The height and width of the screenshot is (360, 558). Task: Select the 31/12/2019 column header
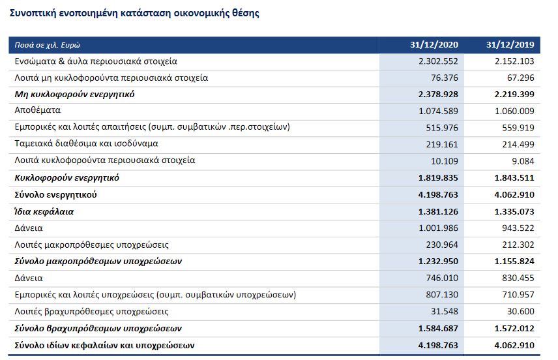tap(510, 45)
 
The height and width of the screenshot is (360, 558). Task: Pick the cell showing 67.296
tap(519, 78)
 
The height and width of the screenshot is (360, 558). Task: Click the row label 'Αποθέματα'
tap(38, 111)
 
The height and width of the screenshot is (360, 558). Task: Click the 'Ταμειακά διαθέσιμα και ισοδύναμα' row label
tap(87, 143)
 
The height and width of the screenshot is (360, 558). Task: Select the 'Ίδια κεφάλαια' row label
tap(44, 211)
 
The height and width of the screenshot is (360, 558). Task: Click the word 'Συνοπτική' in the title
tap(33, 13)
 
